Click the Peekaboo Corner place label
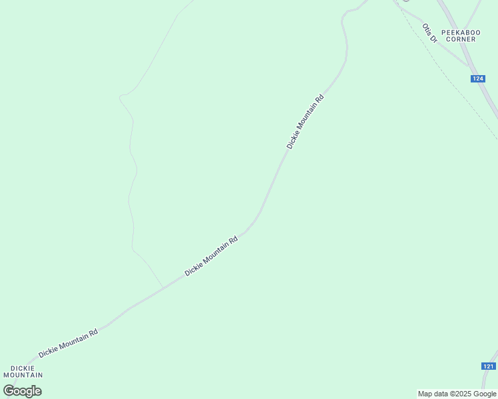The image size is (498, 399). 461,35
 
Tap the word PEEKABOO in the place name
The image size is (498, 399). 461,31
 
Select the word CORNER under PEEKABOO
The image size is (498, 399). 461,39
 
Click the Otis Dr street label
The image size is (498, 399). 429,33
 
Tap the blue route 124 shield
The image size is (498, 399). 477,78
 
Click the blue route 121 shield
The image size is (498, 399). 488,366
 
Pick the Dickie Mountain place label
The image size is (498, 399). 23,371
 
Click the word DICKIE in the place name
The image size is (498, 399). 23,367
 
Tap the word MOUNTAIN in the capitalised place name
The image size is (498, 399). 23,375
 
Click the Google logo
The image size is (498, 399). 22,391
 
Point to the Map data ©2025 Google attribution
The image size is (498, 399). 457,394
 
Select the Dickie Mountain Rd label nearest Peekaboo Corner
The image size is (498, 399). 305,121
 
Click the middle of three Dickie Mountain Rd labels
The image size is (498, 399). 211,257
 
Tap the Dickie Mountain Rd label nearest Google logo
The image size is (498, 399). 68,343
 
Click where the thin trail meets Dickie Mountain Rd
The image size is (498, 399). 163,288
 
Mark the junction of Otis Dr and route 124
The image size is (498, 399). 469,66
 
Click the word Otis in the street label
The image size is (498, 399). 426,29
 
